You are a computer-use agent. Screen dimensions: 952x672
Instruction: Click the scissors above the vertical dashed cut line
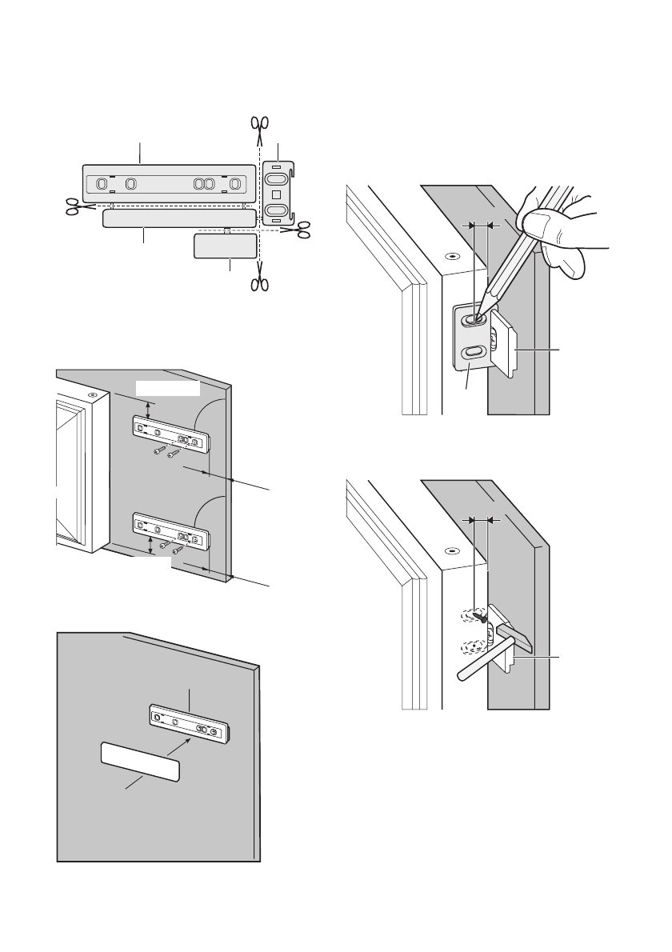(259, 126)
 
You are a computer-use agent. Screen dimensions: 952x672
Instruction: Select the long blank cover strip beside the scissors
(178, 218)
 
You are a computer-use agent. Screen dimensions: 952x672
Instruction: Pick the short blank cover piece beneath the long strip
(225, 246)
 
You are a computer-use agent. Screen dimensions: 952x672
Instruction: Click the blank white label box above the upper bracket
(167, 388)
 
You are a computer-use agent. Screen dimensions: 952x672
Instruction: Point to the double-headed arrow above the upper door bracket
(150, 409)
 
